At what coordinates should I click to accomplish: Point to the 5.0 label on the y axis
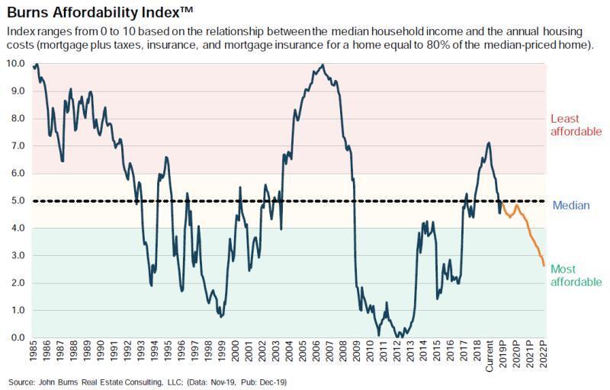[18, 201]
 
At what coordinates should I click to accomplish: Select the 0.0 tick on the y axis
[18, 338]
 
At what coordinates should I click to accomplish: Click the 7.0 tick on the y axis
[18, 145]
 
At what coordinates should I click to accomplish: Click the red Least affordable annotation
[576, 125]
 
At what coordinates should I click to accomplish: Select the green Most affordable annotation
[576, 276]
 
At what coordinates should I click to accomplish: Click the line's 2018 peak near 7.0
[489, 142]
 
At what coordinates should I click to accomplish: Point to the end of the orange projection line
[544, 265]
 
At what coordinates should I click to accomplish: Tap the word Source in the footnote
[22, 381]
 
